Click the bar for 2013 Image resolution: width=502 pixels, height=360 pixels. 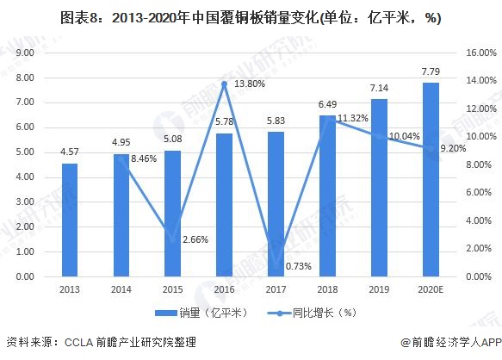click(x=70, y=220)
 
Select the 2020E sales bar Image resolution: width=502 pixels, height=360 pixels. click(x=431, y=179)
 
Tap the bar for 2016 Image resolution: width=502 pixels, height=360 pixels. click(x=224, y=205)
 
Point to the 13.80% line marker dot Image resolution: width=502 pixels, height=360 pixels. click(x=225, y=84)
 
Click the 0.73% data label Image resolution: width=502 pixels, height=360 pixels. click(x=299, y=266)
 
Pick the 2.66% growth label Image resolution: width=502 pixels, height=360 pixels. click(x=195, y=239)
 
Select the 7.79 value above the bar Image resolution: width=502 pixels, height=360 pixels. click(x=431, y=71)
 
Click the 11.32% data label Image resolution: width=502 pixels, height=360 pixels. click(x=353, y=118)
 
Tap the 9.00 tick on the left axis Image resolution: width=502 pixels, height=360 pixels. click(x=25, y=53)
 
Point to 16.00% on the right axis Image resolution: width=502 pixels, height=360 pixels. click(x=481, y=53)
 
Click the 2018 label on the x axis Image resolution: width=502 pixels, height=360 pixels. click(x=327, y=289)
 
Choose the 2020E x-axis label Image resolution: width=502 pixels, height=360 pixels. click(x=431, y=289)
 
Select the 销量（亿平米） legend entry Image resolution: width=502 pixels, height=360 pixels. click(x=201, y=313)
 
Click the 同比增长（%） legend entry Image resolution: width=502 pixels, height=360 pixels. click(x=313, y=313)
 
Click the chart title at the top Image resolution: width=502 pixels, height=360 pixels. click(x=251, y=17)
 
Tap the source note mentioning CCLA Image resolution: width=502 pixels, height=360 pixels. click(x=101, y=343)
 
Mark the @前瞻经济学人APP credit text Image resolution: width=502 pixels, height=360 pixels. click(x=451, y=343)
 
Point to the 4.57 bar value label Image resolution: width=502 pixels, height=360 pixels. click(x=70, y=152)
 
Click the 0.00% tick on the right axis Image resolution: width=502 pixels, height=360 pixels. click(x=479, y=276)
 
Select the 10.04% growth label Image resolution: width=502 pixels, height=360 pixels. click(x=404, y=136)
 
